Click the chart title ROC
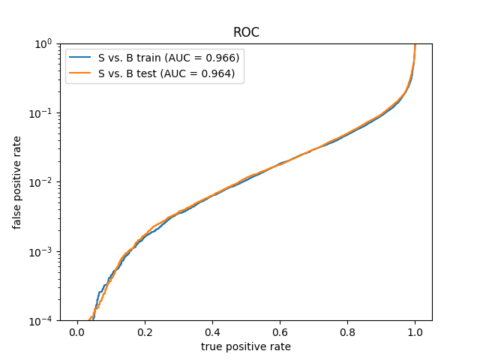(246, 32)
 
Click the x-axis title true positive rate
(246, 346)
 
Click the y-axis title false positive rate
(16, 182)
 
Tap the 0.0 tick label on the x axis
(77, 332)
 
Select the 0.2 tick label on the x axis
(145, 332)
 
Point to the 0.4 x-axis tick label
(212, 332)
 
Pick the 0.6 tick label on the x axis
(280, 332)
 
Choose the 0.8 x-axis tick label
(347, 332)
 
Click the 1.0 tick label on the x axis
(415, 332)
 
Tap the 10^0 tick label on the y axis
(43, 44)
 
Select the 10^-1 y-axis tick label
(40, 113)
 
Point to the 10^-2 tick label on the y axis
(40, 183)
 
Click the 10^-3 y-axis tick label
(40, 252)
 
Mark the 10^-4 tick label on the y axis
(40, 321)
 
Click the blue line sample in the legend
(79, 57)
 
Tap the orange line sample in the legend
(79, 73)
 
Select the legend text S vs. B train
(129, 58)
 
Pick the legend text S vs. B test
(127, 73)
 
